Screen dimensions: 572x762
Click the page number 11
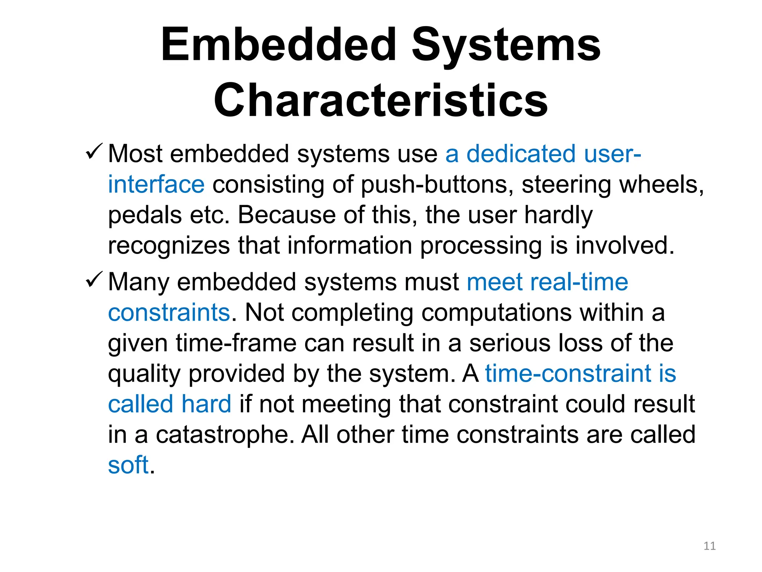[x=710, y=546]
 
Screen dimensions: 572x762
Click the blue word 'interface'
[x=156, y=185]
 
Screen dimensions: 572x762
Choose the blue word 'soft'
[x=128, y=465]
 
